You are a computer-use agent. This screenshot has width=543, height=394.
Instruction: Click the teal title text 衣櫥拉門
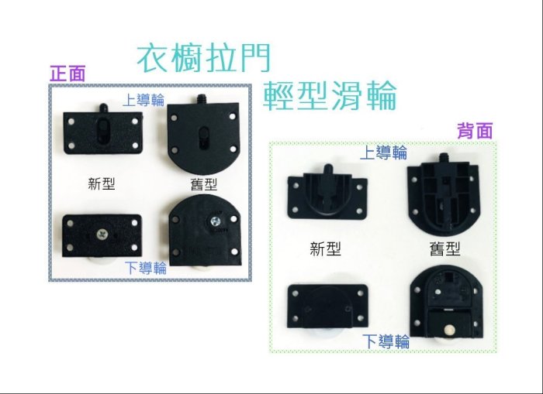pyautogui.click(x=203, y=58)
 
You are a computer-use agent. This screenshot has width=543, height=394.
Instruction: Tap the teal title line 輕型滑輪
pyautogui.click(x=330, y=96)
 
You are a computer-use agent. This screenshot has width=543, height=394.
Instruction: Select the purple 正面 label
pyautogui.click(x=67, y=74)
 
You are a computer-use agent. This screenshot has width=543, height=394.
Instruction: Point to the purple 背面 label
pyautogui.click(x=475, y=131)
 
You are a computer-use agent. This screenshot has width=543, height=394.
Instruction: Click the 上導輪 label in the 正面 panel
pyautogui.click(x=144, y=100)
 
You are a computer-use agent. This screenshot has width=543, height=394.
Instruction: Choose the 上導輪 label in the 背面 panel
pyautogui.click(x=384, y=152)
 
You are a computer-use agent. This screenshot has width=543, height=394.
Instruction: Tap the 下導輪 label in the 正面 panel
pyautogui.click(x=146, y=268)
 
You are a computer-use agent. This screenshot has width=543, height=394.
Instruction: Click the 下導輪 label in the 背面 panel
pyautogui.click(x=386, y=341)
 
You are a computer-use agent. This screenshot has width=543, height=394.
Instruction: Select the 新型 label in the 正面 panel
pyautogui.click(x=102, y=183)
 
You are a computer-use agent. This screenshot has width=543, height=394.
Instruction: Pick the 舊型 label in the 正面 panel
pyautogui.click(x=203, y=184)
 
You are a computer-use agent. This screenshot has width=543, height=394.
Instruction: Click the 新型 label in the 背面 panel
pyautogui.click(x=325, y=248)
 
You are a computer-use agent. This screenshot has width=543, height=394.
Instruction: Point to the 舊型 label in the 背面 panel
pyautogui.click(x=445, y=248)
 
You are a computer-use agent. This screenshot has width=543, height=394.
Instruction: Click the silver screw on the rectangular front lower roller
pyautogui.click(x=102, y=235)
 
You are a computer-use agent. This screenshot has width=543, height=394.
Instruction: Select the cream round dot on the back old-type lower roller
pyautogui.click(x=449, y=330)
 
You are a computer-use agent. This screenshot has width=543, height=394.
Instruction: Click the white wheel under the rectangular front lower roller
pyautogui.click(x=102, y=262)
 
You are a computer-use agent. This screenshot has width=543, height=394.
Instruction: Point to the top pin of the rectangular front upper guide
pyautogui.click(x=103, y=108)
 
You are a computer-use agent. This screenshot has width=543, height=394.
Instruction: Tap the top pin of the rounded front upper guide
pyautogui.click(x=201, y=99)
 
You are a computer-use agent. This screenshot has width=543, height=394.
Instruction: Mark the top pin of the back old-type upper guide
pyautogui.click(x=443, y=158)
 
